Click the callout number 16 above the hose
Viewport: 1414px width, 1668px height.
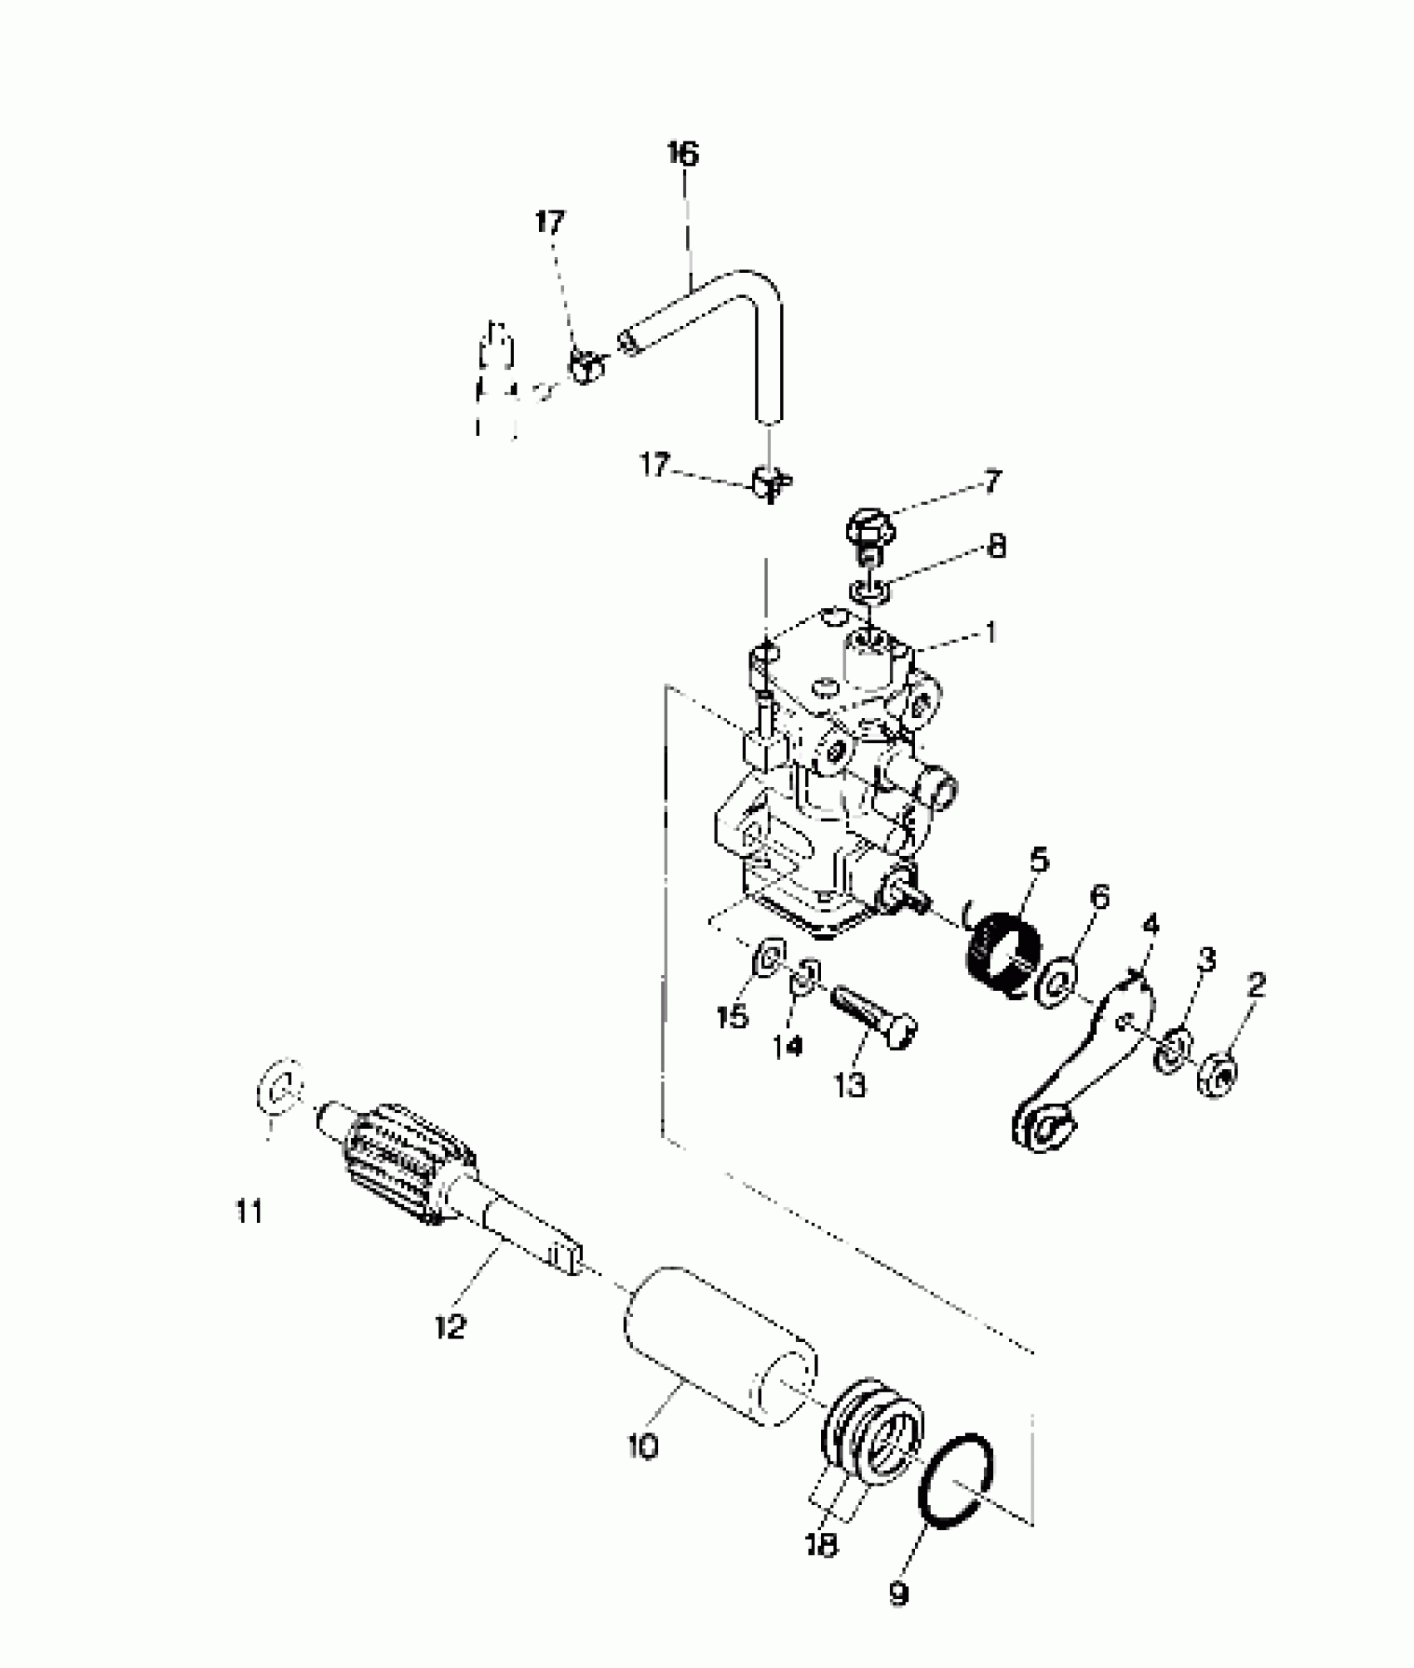click(x=683, y=155)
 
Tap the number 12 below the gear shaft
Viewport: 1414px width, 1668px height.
click(x=450, y=1326)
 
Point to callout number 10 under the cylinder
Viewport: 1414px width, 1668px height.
click(x=643, y=1445)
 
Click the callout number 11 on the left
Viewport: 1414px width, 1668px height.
click(x=250, y=1211)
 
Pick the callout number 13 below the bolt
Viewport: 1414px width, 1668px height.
click(x=850, y=1085)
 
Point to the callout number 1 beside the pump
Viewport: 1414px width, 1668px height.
click(x=990, y=633)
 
